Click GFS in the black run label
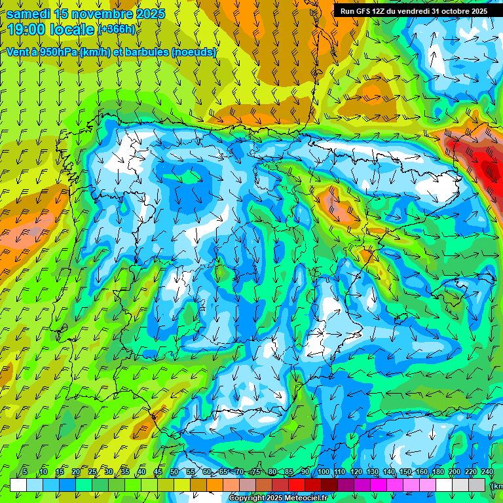362,11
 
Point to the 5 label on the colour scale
25,472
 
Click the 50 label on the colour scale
174,472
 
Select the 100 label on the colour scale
323,472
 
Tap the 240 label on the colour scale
487,472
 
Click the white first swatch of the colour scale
18,485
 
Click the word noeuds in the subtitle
193,52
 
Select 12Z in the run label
379,11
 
